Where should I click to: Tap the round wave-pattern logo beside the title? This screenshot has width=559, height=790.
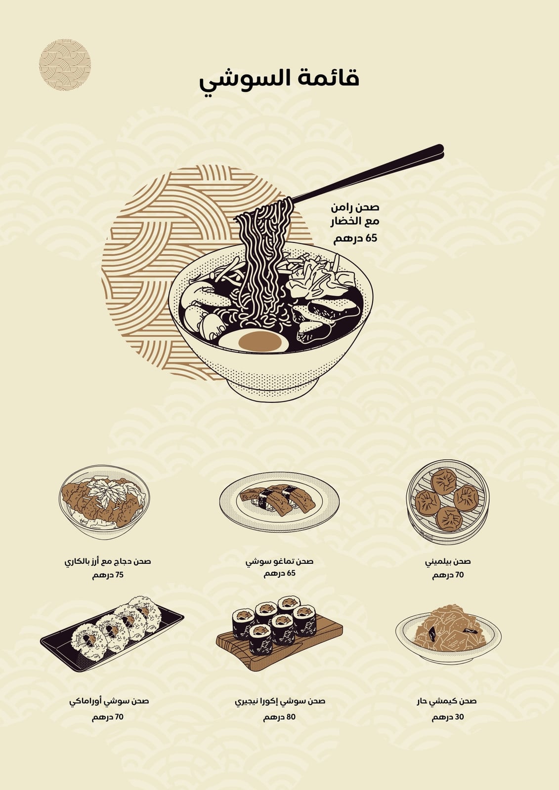pos(65,65)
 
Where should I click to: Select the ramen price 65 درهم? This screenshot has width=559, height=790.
pos(355,239)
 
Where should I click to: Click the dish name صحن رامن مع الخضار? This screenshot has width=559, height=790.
pos(355,214)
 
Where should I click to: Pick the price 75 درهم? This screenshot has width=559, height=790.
pos(108,575)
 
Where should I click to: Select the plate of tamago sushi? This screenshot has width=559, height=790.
pos(279,502)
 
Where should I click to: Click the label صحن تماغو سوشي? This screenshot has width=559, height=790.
pos(279,561)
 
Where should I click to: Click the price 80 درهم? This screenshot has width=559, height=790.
pos(279,715)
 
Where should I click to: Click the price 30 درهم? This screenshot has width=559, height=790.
pos(448,715)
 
